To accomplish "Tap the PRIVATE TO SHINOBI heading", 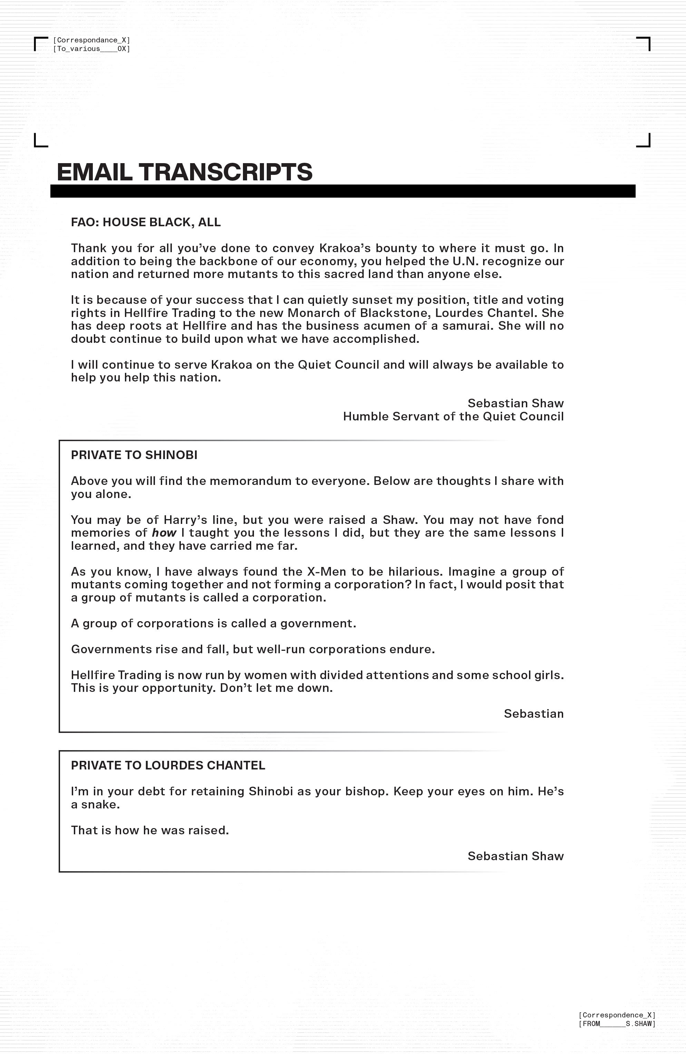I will point(134,455).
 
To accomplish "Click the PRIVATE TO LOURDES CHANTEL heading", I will point(168,766).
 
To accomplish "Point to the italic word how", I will point(164,533).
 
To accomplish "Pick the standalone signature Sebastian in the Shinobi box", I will point(533,714).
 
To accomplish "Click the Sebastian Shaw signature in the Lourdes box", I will point(516,856).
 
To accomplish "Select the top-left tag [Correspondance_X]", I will point(91,40).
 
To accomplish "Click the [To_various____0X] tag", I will point(91,49).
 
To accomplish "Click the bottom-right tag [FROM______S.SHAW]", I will point(617,1024).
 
